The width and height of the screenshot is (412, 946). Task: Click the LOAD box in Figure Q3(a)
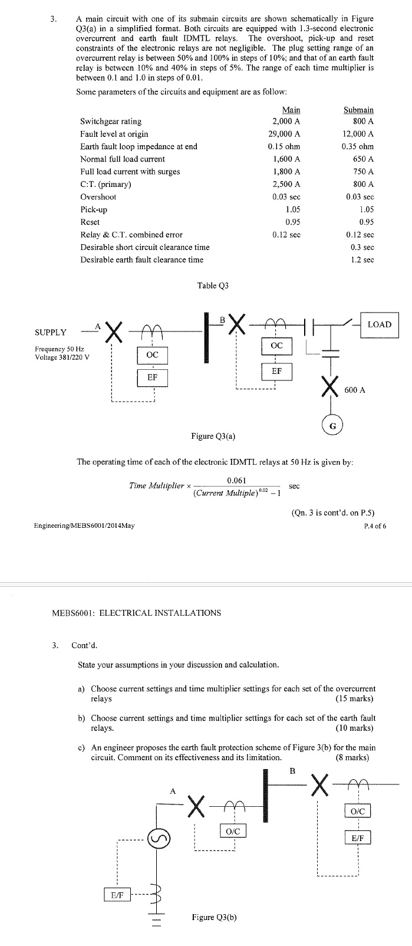coord(379,324)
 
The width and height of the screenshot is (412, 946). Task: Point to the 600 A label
coord(354,390)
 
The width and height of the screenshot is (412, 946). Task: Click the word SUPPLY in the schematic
coord(51,332)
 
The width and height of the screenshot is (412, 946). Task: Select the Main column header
coord(291,110)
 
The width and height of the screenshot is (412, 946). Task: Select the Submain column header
coord(358,110)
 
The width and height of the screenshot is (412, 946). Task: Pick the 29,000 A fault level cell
coord(284,134)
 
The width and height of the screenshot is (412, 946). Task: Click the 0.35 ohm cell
coord(358,146)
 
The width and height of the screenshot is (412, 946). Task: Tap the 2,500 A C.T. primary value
coord(286,184)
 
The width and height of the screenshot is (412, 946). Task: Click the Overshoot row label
coord(98,197)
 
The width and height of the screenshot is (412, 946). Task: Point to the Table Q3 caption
coord(213,285)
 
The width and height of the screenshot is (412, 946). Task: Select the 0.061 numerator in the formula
coord(236,480)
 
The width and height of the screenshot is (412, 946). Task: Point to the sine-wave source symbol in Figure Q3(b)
coord(159,837)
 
